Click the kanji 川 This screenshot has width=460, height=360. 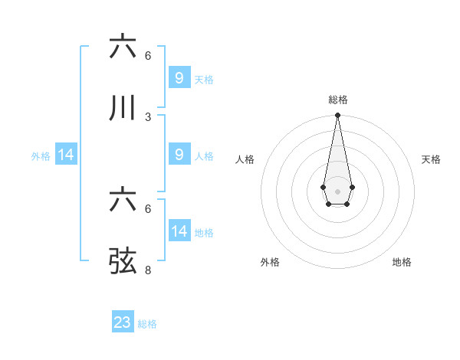(123, 108)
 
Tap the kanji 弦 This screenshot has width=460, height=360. (123, 261)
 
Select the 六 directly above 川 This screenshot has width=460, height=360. (123, 46)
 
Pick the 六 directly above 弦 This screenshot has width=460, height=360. (123, 200)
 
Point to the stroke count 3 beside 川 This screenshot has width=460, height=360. (148, 116)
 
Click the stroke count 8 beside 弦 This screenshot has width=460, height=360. (148, 270)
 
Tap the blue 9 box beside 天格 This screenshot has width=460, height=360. (179, 77)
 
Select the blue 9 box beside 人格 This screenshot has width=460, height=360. (179, 155)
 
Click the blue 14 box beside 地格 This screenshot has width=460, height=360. (179, 231)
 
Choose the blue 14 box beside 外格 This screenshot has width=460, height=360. (66, 155)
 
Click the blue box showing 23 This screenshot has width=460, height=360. (123, 322)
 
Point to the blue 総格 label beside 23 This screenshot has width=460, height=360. (147, 324)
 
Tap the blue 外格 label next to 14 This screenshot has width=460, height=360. (41, 155)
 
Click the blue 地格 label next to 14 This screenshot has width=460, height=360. (204, 232)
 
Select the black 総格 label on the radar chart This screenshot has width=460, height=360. (337, 100)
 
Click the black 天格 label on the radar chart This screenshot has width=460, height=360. (431, 159)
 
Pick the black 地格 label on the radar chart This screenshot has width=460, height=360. (402, 262)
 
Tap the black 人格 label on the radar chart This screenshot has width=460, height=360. (245, 159)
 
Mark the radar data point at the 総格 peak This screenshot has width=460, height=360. (337, 115)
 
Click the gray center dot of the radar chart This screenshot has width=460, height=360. (337, 190)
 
